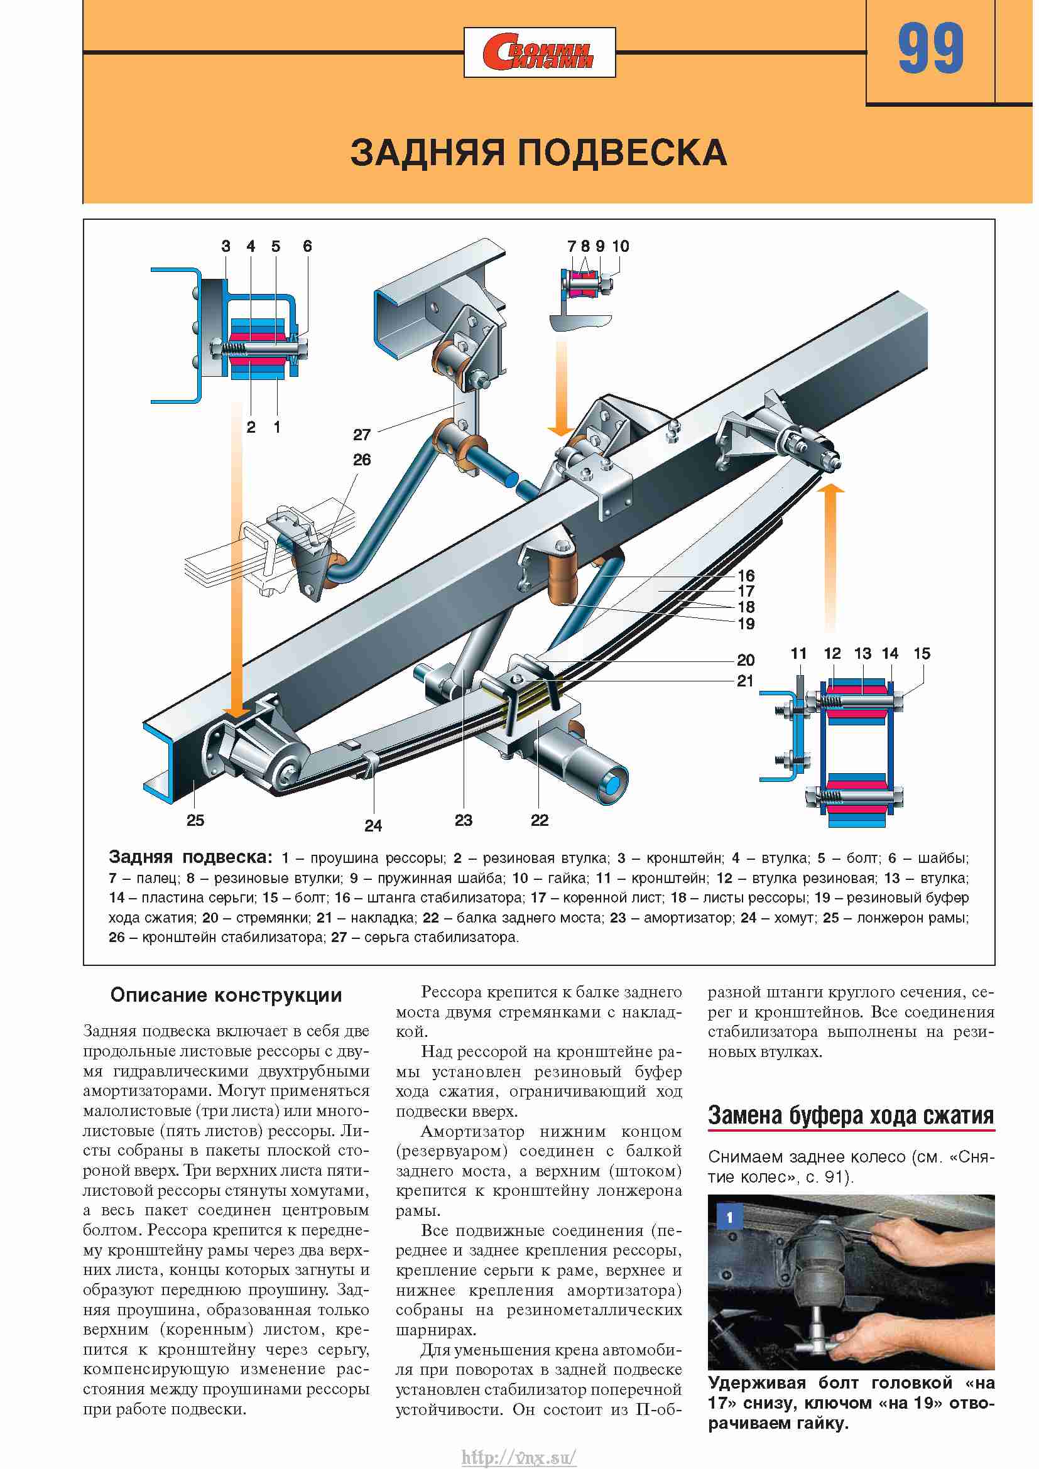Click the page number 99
[x=930, y=48]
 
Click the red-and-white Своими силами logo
[x=540, y=53]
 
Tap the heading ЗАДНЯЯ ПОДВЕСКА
[x=539, y=153]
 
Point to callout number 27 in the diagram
[x=361, y=435]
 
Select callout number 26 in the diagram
[x=361, y=460]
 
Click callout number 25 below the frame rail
[x=195, y=820]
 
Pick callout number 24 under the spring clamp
[x=373, y=826]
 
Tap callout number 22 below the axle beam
[x=540, y=820]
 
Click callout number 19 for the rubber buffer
[x=746, y=624]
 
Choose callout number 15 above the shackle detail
[x=922, y=653]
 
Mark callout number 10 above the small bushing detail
[x=621, y=246]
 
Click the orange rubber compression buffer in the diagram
[x=563, y=580]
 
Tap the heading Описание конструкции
[x=226, y=995]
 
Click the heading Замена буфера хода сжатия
[x=851, y=1115]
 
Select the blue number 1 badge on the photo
[x=729, y=1217]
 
